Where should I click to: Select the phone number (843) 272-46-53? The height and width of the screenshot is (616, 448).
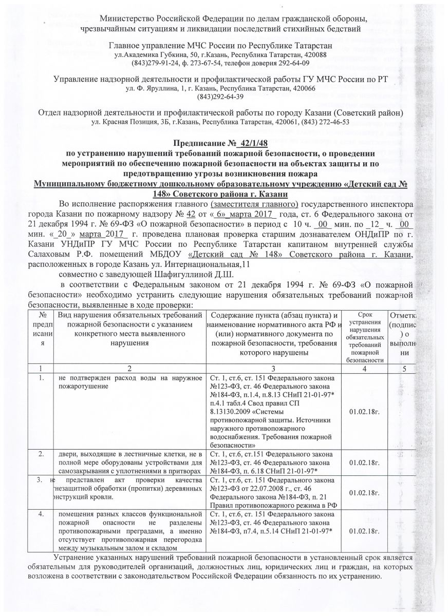[x=323, y=122]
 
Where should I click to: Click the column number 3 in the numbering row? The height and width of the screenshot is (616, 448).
[x=274, y=368]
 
